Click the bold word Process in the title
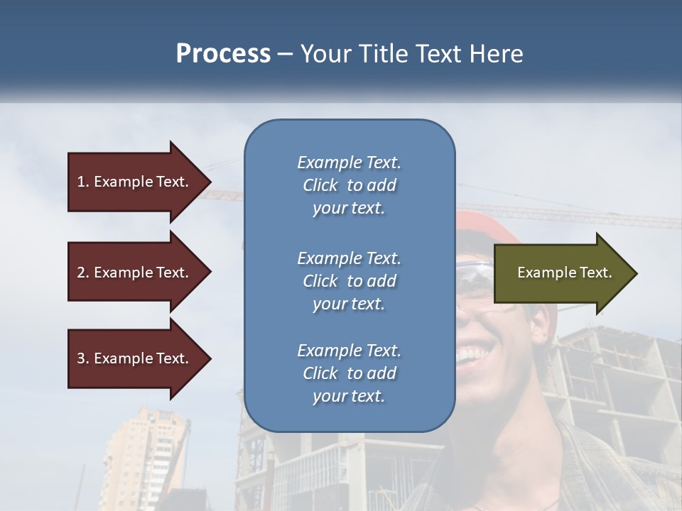tap(223, 54)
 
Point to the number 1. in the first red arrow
tap(82, 182)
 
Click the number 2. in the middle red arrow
tap(82, 273)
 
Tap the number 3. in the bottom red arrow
tap(82, 358)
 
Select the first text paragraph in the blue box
tap(349, 185)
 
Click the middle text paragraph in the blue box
tap(349, 281)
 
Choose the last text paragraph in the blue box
tap(349, 373)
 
